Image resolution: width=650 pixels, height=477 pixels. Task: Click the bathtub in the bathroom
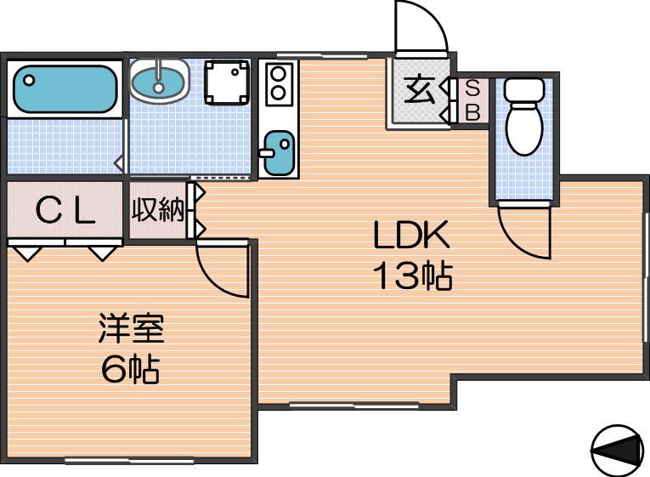coord(65,89)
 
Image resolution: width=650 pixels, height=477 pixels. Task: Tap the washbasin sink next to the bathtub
coord(160,82)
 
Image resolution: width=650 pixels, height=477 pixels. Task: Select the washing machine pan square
coord(227,82)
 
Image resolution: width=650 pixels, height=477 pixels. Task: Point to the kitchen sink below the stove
coord(278,153)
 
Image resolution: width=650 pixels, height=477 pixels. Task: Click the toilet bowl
coord(524,117)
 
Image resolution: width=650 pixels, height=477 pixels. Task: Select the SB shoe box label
coord(472,100)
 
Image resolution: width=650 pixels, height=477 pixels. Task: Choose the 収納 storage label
coord(158,209)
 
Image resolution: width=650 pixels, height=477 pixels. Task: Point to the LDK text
coord(411,235)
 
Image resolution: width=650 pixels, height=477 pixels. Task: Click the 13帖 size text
coord(412,275)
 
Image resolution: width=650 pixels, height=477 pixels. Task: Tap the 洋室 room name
coord(132,328)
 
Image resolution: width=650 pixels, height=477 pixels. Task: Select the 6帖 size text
coord(130,369)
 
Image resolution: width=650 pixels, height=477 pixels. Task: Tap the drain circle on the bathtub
coord(29,80)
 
